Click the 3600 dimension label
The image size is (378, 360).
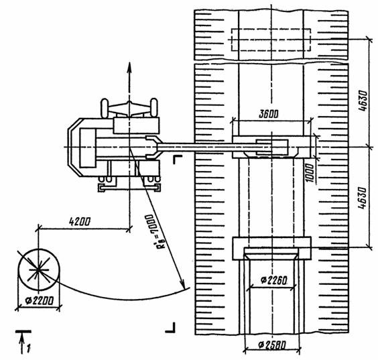268,114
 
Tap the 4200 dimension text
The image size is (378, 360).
80,221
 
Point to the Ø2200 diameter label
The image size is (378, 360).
39,301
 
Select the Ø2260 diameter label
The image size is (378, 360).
273,280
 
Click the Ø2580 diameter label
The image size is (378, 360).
272,345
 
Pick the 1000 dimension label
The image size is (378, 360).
310,173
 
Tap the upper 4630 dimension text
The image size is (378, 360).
363,101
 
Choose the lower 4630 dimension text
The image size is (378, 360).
363,198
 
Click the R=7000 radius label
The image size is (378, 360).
153,231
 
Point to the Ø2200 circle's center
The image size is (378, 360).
38,269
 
